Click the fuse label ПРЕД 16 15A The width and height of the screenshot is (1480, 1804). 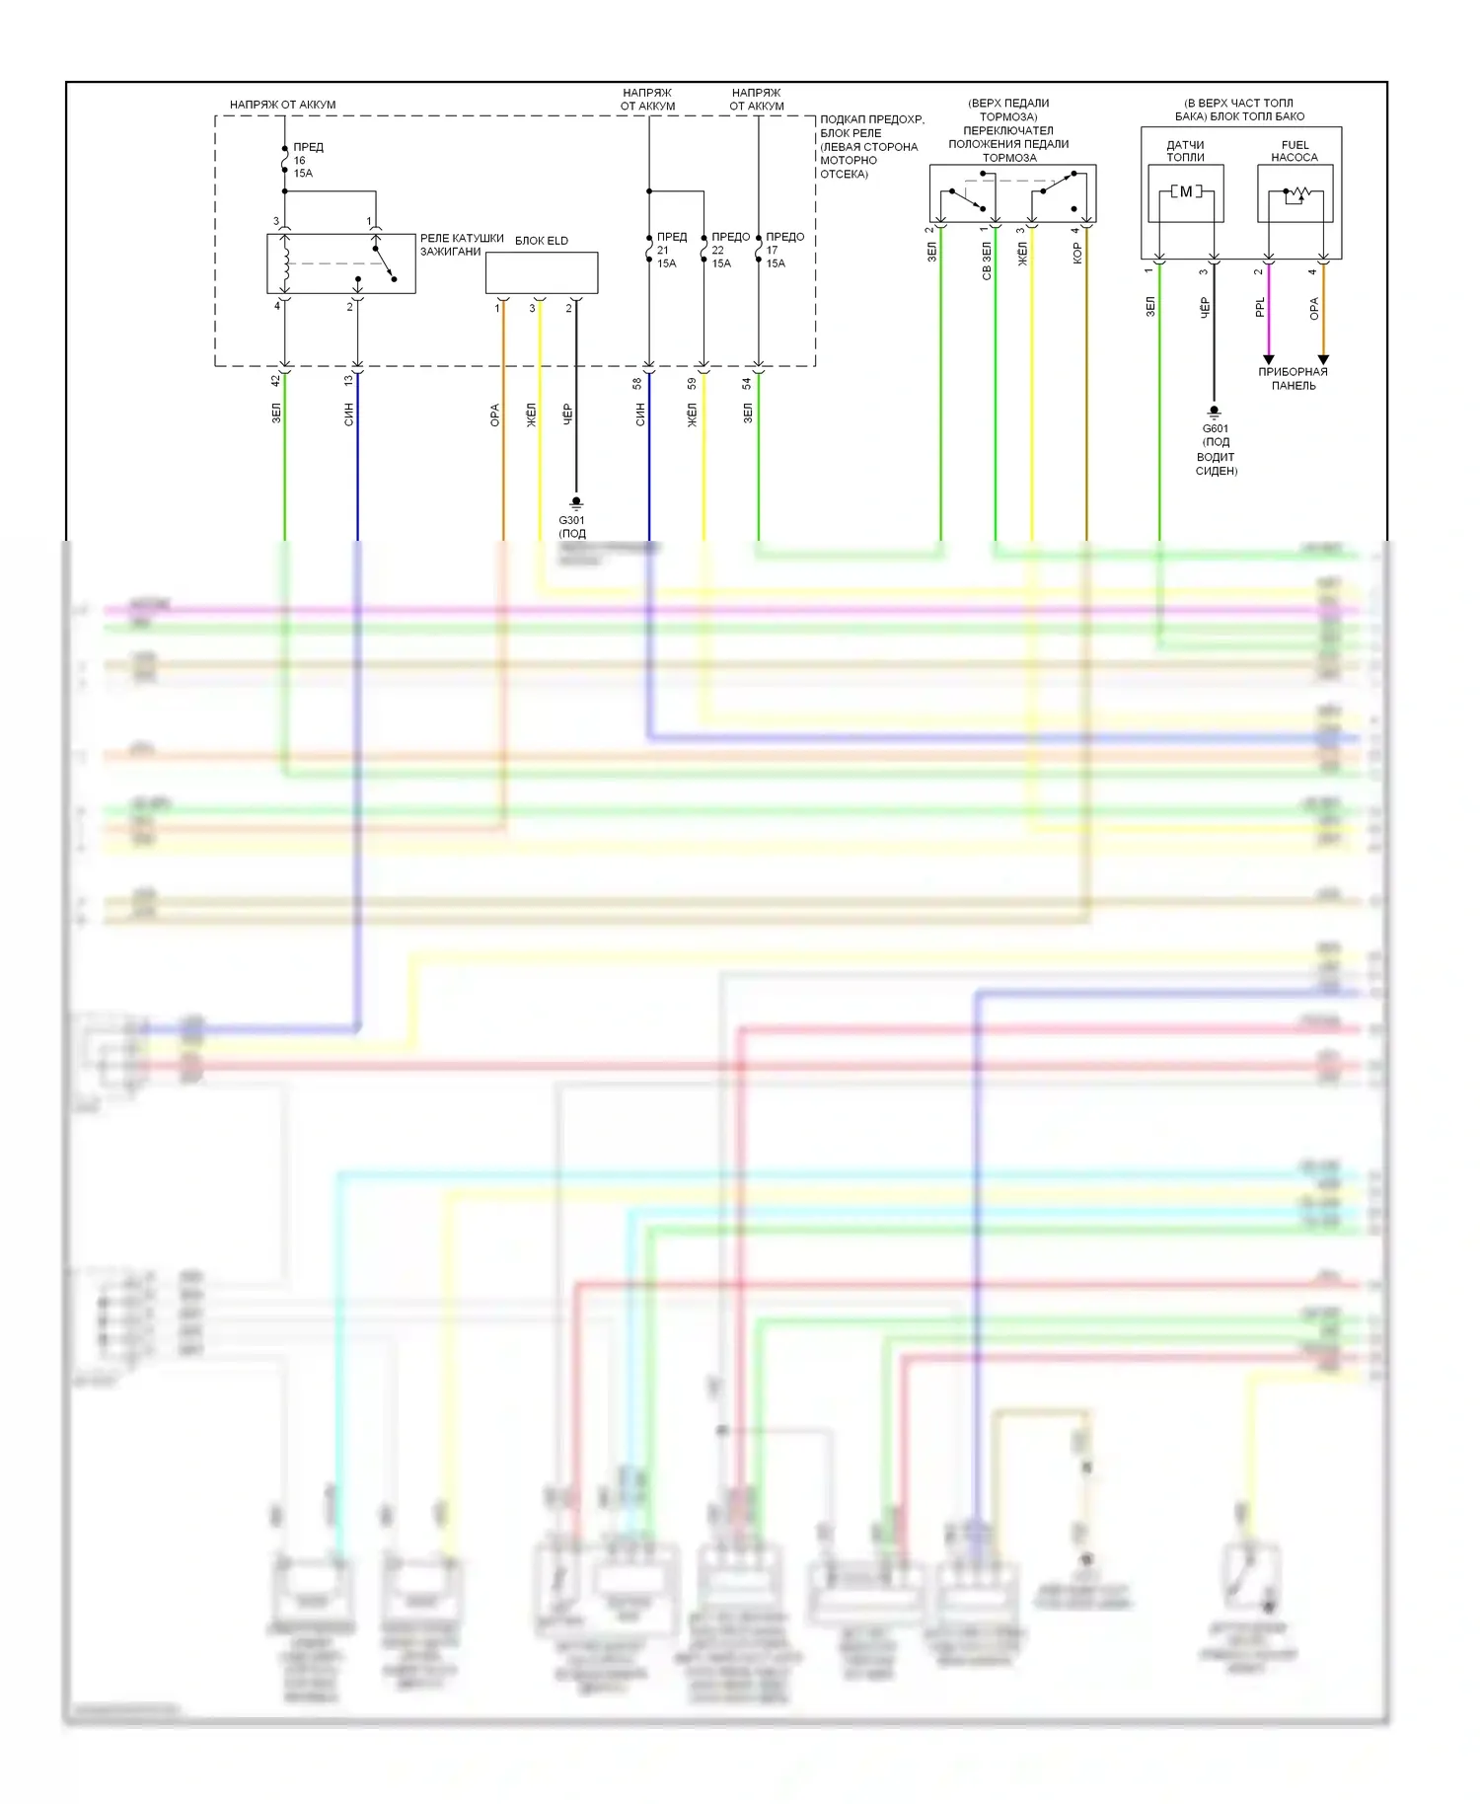307,160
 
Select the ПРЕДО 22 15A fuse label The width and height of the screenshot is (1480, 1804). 729,250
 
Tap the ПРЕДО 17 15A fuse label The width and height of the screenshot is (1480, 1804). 783,250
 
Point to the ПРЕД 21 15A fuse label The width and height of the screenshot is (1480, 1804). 671,250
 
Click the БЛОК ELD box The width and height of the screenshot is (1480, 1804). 541,272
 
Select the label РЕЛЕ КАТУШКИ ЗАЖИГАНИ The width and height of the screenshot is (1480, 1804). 461,245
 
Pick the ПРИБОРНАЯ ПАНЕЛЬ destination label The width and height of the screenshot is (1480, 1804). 1293,379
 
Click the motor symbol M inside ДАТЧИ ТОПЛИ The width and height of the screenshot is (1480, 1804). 1186,191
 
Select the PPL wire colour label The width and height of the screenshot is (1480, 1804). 1260,307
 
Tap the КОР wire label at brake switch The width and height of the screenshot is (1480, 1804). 1077,253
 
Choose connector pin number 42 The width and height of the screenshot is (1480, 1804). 276,380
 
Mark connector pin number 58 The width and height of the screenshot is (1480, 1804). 637,383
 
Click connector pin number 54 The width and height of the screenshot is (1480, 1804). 747,383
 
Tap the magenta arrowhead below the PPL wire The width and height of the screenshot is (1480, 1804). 1269,359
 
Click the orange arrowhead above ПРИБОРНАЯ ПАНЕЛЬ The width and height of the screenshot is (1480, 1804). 1323,359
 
